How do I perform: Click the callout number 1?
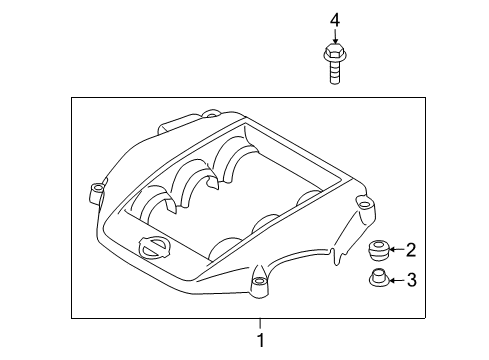260,341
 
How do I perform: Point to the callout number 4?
336,18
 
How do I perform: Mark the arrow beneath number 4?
336,35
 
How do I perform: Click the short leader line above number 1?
260,324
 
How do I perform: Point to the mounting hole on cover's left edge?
97,188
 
